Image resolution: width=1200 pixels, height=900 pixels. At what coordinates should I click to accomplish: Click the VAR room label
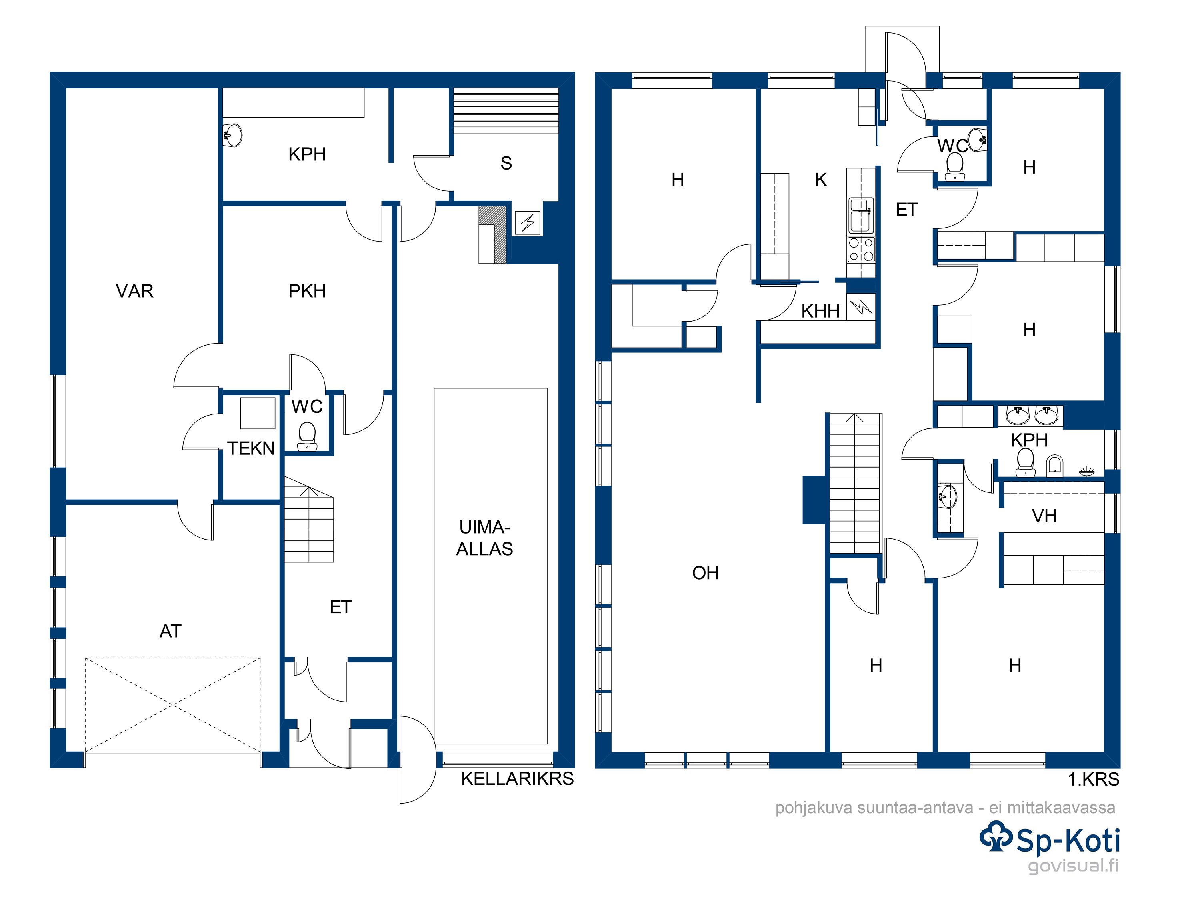134,291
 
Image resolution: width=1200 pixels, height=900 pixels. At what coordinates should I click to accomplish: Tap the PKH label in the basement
307,291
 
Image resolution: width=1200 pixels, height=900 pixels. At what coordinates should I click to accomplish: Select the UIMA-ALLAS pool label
484,538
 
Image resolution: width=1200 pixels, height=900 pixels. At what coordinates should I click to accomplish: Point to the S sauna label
506,163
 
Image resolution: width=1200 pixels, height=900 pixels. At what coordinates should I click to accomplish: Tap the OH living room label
705,573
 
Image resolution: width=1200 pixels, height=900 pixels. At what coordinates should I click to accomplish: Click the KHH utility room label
820,311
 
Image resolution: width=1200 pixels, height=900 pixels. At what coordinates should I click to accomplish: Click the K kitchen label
821,180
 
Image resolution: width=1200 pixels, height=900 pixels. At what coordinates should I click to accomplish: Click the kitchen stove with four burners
861,250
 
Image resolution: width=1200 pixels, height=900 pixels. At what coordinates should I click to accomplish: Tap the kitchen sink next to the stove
861,215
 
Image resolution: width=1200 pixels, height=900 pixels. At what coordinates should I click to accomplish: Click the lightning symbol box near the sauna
527,223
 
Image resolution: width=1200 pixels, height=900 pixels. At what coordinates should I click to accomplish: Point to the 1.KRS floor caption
1093,780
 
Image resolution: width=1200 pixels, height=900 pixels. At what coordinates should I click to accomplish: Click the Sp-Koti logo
1049,839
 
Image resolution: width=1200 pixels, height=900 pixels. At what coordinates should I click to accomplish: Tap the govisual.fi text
1074,866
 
